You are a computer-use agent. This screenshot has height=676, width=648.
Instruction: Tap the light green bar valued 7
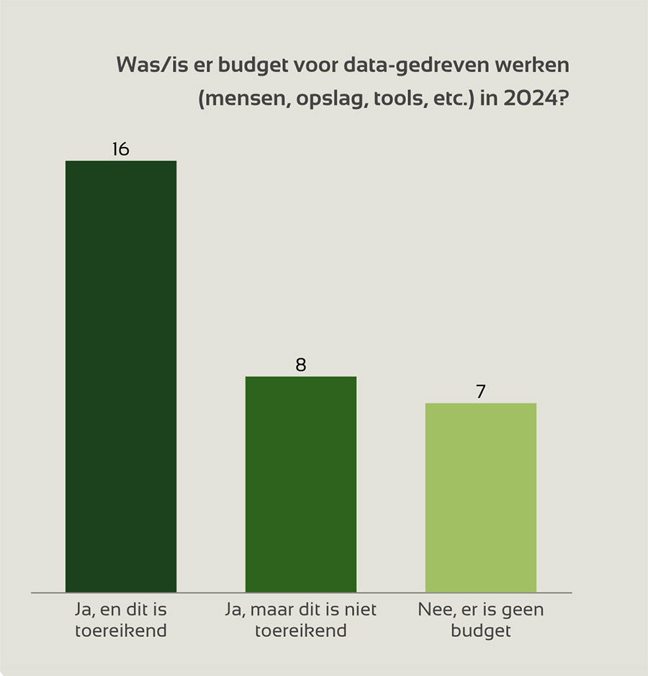point(481,497)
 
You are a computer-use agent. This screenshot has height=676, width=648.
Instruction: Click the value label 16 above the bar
point(120,149)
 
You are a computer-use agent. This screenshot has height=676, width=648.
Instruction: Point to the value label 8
point(301,365)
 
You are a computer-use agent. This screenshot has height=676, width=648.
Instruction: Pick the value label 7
point(480,392)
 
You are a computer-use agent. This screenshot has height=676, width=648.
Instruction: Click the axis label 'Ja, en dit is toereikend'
point(121,620)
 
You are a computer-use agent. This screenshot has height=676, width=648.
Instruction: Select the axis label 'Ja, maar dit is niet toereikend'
point(301,620)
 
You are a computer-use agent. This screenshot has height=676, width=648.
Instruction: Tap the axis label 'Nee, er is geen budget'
point(481,620)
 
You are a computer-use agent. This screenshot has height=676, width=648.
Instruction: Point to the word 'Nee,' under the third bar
point(434,610)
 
